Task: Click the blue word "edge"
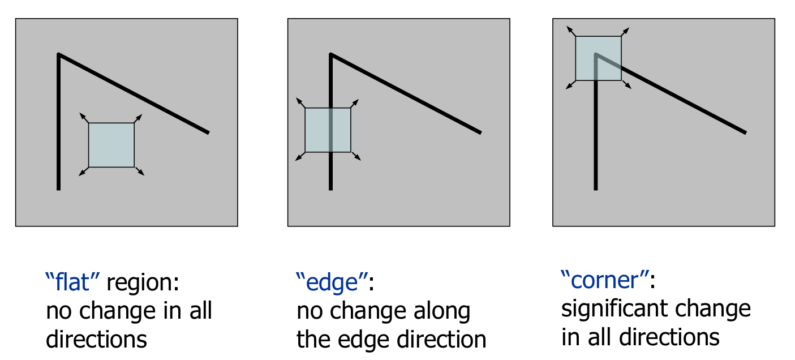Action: point(332,281)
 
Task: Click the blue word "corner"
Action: point(604,280)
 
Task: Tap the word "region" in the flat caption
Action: point(142,282)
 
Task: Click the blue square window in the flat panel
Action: point(111,145)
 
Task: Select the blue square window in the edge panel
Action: point(328,130)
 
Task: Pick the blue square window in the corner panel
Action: point(598,58)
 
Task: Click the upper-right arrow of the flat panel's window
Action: point(139,118)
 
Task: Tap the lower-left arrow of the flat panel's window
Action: point(83,172)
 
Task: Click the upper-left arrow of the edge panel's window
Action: point(300,102)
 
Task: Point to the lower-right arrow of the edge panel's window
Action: point(356,157)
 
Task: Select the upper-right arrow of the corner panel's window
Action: point(625,31)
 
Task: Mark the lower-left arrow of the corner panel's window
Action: point(570,85)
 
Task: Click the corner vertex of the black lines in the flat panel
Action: point(59,54)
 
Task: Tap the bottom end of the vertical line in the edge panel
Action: point(330,188)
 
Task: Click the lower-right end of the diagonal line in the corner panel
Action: point(745,132)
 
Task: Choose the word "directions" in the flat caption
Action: point(96,340)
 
